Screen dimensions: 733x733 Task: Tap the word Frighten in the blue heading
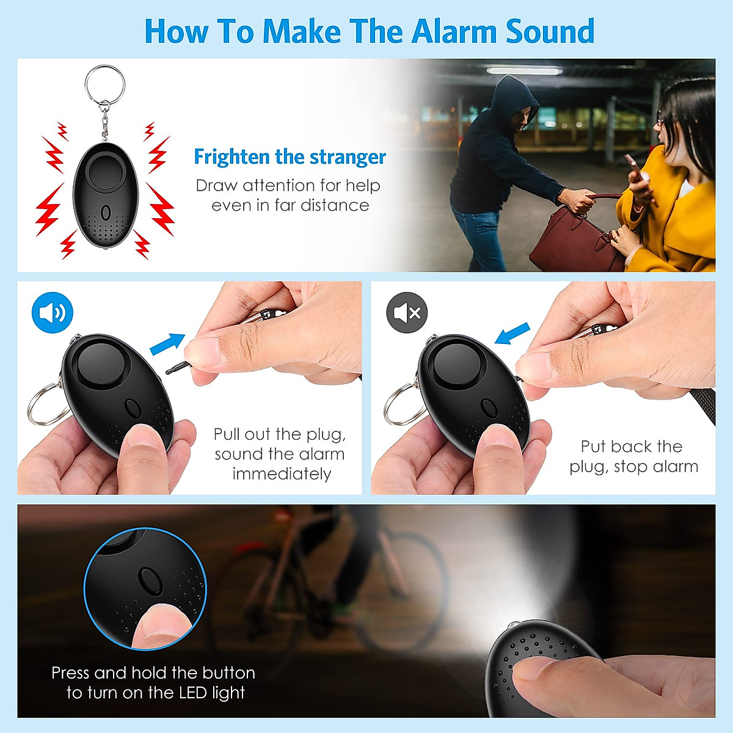[232, 157]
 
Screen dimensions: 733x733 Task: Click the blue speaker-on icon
[53, 313]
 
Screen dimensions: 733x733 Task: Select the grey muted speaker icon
[407, 313]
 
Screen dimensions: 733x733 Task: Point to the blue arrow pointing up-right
[167, 342]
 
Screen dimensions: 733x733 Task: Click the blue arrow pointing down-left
[512, 334]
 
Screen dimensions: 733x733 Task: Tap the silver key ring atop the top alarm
[104, 84]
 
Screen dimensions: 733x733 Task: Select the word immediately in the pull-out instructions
[282, 474]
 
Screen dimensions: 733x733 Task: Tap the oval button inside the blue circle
[149, 580]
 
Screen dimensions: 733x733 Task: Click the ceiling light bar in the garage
[524, 71]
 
